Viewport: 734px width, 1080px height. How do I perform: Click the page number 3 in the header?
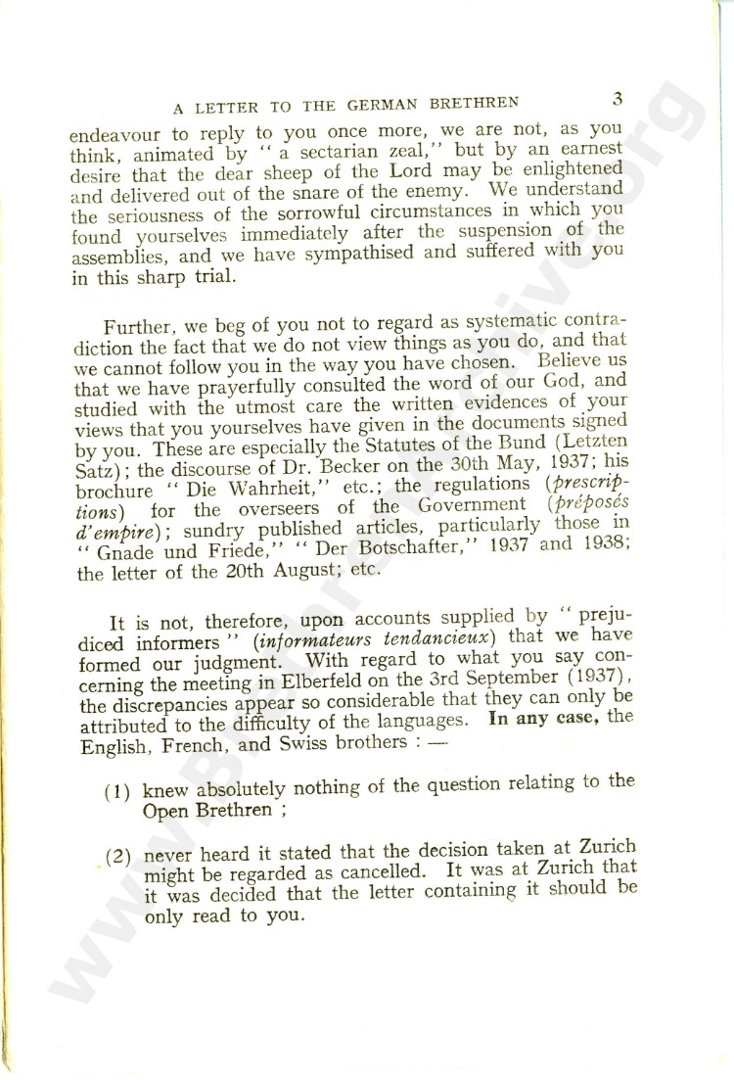point(617,98)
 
